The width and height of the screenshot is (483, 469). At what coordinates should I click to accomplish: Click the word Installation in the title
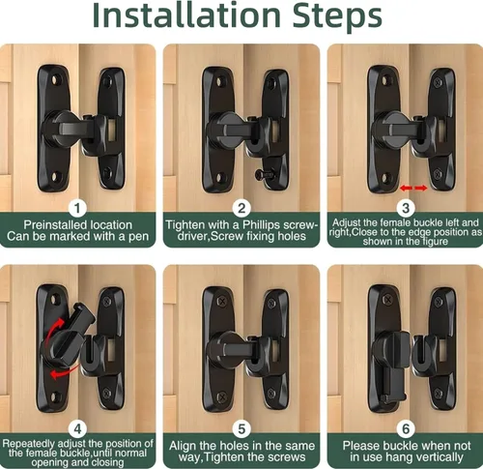(x=186, y=15)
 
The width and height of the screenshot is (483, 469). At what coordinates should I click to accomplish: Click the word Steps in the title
(x=337, y=16)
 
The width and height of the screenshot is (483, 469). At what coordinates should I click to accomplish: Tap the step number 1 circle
(x=77, y=208)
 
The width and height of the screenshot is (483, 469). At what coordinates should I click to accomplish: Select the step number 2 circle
(x=241, y=208)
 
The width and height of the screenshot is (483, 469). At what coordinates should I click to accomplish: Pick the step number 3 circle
(x=406, y=208)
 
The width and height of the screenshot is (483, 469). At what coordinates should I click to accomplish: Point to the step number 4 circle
(x=77, y=429)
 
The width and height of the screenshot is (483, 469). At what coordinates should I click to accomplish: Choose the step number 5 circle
(x=241, y=429)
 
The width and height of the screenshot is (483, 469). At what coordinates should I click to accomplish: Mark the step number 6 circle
(x=406, y=429)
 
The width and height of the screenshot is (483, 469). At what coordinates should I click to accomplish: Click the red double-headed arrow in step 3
(x=413, y=188)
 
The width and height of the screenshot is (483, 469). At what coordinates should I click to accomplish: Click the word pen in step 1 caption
(x=138, y=237)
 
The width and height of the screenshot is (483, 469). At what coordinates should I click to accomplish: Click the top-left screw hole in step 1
(x=56, y=78)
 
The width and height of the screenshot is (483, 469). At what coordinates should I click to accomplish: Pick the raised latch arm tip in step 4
(x=83, y=310)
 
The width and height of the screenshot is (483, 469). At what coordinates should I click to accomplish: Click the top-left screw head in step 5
(x=222, y=302)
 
